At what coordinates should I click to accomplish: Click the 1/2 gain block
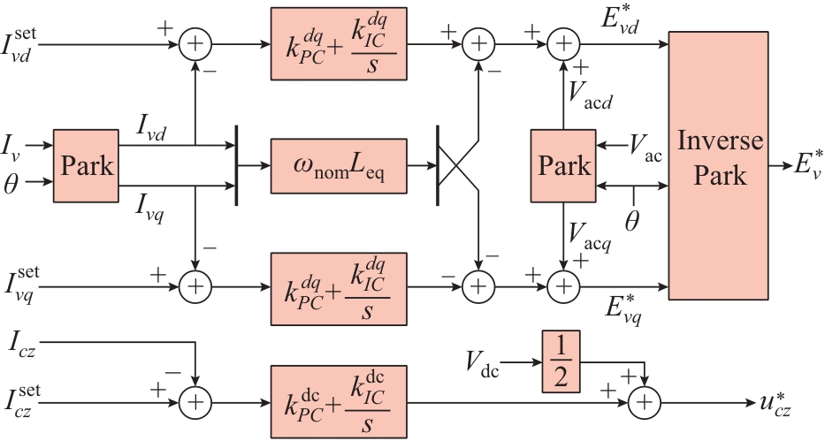[563, 361]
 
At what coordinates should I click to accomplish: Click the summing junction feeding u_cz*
[644, 403]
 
